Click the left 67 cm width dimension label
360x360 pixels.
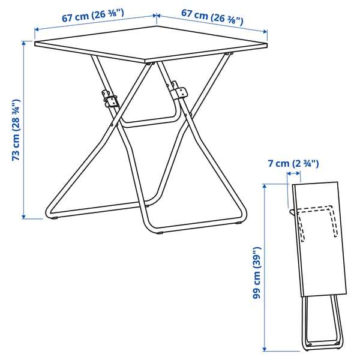92,17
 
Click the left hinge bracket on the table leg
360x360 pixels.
110,98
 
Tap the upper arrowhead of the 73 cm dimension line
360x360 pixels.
25,43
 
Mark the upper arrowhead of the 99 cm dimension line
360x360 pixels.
265,187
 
